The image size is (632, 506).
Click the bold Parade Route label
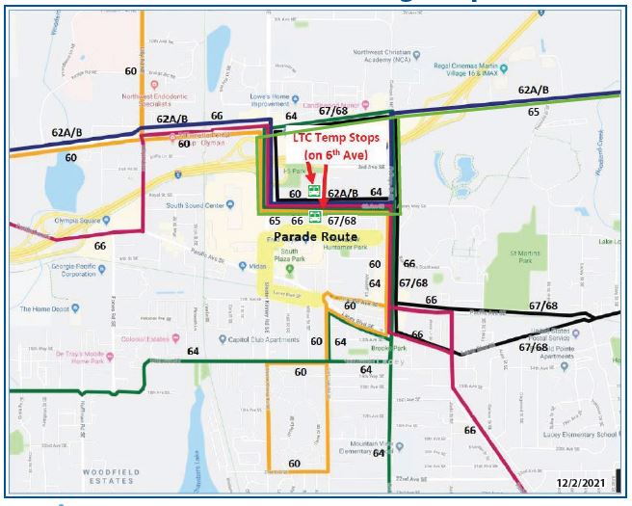tap(314, 236)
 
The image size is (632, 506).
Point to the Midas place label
tap(257, 265)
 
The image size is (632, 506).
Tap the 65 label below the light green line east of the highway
tap(533, 112)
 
